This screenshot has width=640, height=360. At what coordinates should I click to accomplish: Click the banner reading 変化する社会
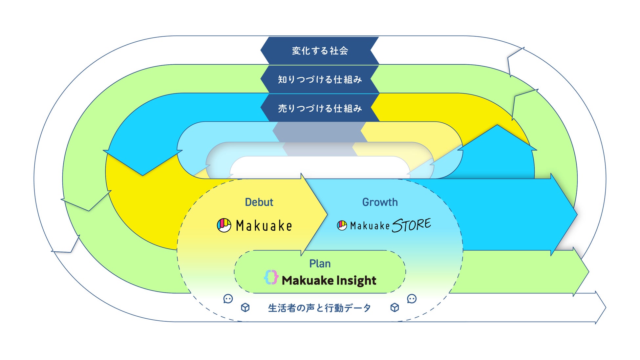point(320,51)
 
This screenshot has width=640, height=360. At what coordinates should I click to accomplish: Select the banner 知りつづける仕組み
point(320,79)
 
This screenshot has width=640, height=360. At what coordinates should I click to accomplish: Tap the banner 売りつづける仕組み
point(320,108)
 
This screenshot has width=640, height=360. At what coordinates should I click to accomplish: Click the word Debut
point(259,202)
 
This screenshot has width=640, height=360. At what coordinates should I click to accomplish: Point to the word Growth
point(380,202)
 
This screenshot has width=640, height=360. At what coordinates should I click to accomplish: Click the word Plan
point(320,264)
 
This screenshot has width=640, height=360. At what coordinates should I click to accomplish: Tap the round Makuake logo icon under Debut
point(224,225)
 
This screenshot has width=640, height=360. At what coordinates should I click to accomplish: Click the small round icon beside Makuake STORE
point(342,225)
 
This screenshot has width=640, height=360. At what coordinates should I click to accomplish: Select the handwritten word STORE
point(411,225)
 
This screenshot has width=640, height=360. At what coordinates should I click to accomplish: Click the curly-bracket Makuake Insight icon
point(271,278)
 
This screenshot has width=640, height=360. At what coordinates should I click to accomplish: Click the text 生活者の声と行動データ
point(319,308)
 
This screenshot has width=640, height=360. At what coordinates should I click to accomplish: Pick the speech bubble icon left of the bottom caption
point(228,299)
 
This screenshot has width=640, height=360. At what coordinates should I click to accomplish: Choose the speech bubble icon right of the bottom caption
point(412,299)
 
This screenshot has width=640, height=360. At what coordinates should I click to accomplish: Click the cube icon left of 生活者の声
point(245,307)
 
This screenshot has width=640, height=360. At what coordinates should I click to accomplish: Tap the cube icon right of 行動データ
point(395,307)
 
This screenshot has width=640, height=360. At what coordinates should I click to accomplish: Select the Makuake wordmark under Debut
point(264,226)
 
